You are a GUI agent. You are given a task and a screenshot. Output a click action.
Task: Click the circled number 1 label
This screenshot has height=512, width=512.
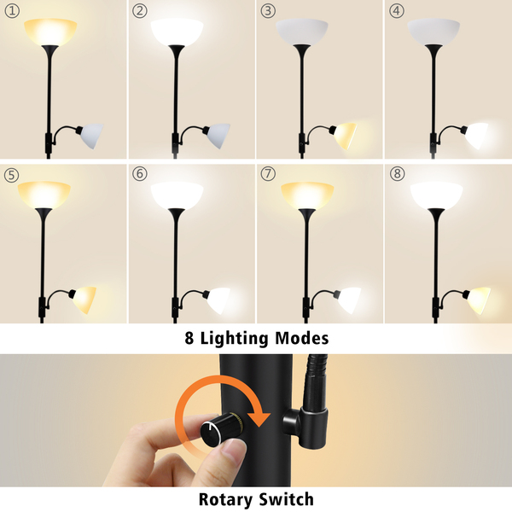12,11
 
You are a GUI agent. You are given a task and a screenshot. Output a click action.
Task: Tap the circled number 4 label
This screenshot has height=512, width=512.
396,11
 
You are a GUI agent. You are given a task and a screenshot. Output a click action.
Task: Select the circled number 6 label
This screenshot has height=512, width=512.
140,173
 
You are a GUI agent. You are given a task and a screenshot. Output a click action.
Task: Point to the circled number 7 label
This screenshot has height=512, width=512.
268,173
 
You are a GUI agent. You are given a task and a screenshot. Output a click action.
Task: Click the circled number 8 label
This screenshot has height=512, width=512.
397,173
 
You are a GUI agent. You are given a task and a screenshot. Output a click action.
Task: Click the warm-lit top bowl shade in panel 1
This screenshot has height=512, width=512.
50,32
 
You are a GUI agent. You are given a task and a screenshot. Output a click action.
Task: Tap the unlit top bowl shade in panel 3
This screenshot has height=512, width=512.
302,32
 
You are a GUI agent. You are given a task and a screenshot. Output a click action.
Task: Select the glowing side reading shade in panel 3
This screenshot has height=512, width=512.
344,136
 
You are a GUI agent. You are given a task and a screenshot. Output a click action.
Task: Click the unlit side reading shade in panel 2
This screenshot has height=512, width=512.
218,136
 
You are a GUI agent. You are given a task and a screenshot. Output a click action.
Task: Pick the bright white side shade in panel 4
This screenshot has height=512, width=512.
476,136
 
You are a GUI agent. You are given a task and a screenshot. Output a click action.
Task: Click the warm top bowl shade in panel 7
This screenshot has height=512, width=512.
307,195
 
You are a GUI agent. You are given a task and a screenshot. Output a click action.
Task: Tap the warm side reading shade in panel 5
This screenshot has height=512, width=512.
84,300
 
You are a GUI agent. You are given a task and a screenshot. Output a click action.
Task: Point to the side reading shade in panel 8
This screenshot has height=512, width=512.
479,300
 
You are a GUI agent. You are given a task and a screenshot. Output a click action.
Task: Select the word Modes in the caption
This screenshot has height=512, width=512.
302,338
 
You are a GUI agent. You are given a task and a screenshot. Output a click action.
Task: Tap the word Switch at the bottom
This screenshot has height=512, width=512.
287,499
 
